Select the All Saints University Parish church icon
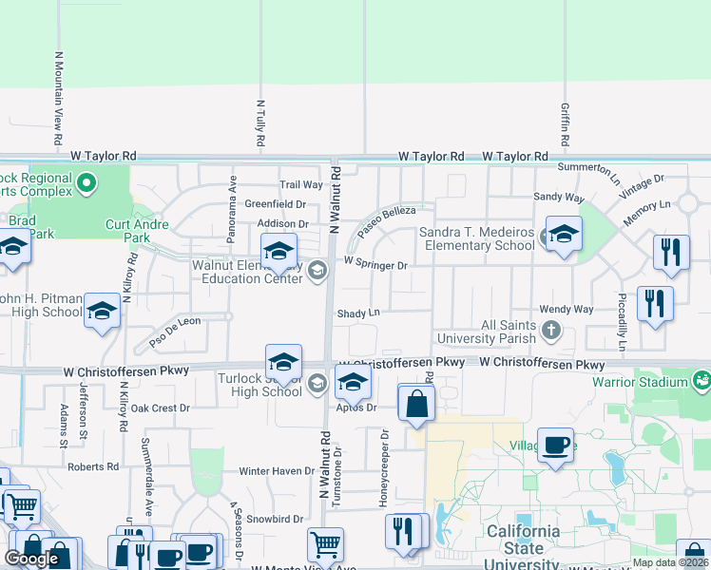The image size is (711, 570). click(x=551, y=331)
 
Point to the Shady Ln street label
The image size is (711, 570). click(x=358, y=313)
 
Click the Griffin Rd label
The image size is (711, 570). click(x=565, y=124)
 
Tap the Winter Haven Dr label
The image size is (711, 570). click(x=276, y=470)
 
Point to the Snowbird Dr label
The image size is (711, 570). click(x=275, y=519)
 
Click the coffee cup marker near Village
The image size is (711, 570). click(x=555, y=445)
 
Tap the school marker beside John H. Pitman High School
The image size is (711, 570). click(x=102, y=312)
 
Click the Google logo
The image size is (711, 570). click(x=31, y=559)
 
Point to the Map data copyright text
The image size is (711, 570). click(x=670, y=562)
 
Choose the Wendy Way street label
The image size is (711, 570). click(x=566, y=310)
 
